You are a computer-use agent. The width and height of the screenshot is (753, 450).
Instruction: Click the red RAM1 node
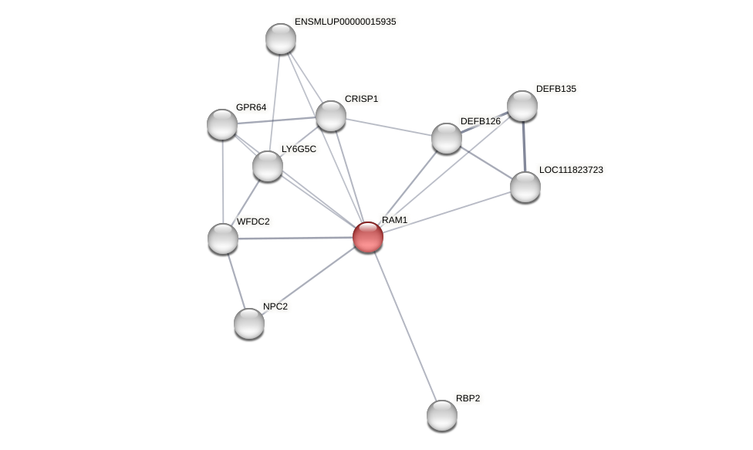click(368, 237)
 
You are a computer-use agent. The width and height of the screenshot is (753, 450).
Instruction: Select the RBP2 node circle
click(442, 415)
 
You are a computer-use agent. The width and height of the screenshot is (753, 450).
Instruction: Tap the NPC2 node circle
click(249, 323)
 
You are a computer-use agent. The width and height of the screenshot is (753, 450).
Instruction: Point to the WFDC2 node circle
click(223, 239)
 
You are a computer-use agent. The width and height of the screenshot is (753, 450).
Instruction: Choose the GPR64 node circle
click(222, 124)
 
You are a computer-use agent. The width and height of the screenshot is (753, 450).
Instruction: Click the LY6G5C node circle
click(268, 166)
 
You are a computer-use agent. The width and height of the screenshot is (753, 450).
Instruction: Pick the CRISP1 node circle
click(331, 116)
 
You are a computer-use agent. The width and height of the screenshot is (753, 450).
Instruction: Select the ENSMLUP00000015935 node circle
click(281, 39)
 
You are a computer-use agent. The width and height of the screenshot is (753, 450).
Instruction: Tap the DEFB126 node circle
click(447, 138)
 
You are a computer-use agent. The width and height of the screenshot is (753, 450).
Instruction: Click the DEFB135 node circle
click(522, 106)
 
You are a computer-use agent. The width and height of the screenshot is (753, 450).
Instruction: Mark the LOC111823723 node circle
click(525, 187)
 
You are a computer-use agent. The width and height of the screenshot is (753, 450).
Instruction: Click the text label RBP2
click(468, 398)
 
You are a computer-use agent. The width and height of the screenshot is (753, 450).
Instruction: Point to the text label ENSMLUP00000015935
click(345, 22)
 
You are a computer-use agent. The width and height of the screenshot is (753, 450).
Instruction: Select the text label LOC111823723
click(571, 170)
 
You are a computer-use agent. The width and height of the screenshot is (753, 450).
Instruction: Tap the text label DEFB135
click(555, 89)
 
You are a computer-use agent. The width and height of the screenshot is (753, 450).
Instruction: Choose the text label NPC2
click(275, 306)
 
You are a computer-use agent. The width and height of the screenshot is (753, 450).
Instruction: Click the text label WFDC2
click(253, 222)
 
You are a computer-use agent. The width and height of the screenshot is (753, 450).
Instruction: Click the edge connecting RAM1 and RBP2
click(405, 326)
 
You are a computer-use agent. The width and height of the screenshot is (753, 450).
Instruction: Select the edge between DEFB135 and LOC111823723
click(524, 147)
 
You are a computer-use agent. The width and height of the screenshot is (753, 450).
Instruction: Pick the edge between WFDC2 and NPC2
click(236, 281)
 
